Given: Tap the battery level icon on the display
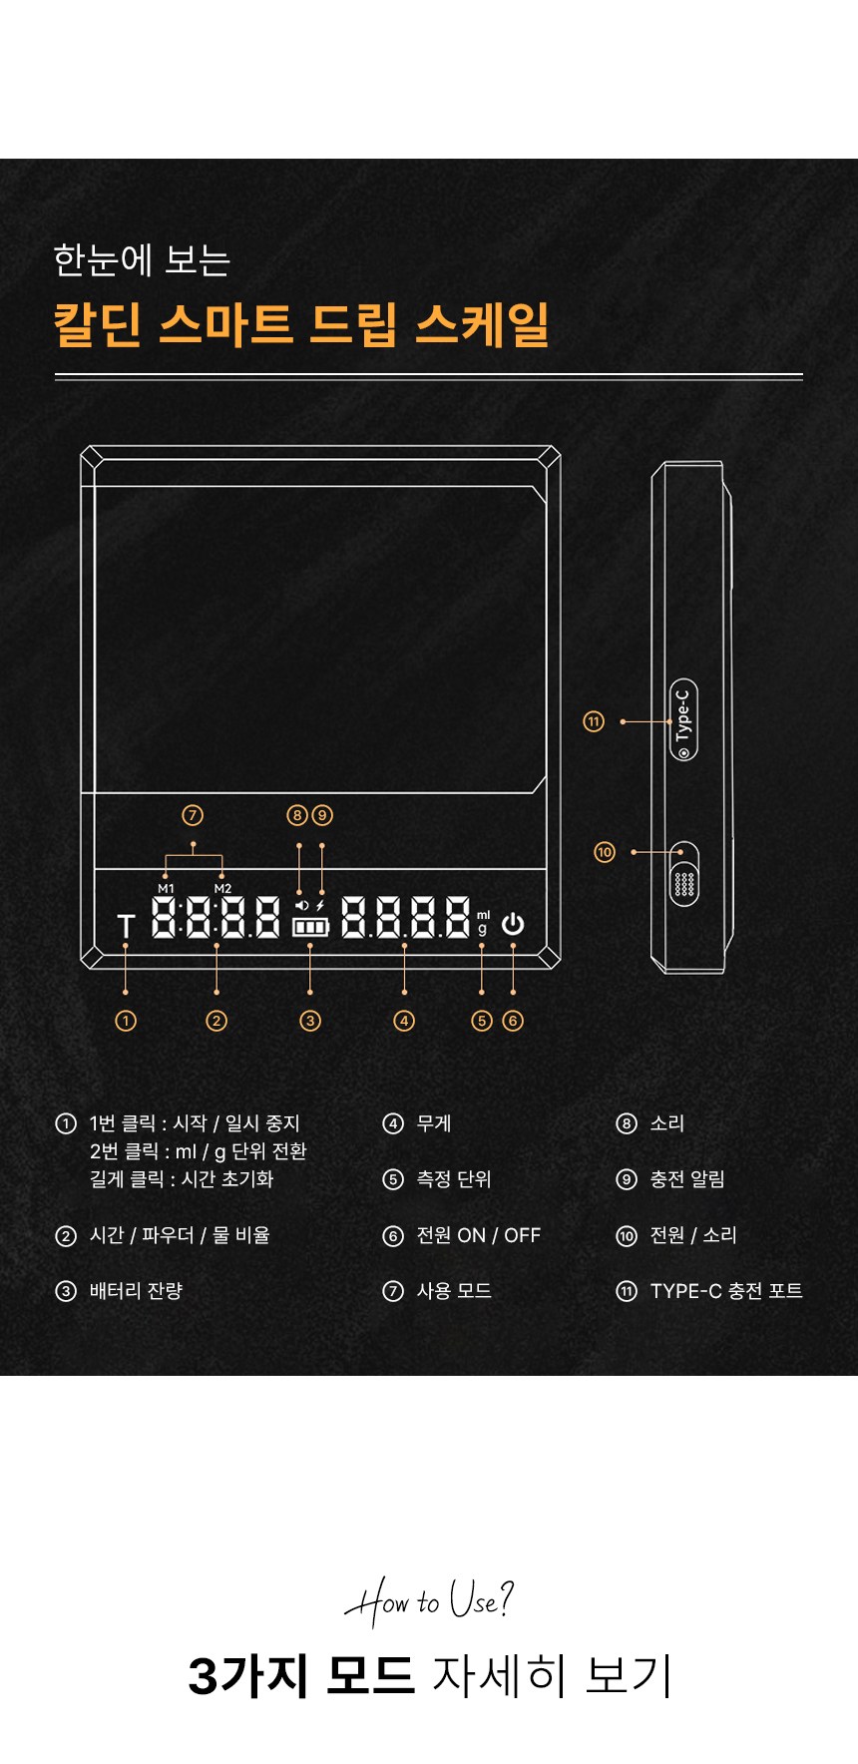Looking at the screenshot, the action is tap(310, 927).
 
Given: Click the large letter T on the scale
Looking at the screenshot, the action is tap(126, 927).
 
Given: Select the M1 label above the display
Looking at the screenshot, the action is tap(166, 888).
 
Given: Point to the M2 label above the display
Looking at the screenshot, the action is tap(222, 888).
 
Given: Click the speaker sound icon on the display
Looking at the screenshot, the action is tap(301, 905).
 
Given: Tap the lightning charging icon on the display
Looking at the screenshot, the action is tap(320, 905).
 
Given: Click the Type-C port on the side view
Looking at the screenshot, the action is tap(683, 720).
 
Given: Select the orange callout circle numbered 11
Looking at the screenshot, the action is tap(594, 721).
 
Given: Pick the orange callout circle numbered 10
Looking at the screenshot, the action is tap(605, 852).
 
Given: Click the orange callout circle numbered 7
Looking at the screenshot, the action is tap(193, 815).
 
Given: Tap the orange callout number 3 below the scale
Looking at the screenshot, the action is tap(310, 1021).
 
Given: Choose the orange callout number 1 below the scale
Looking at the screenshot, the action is tap(126, 1021).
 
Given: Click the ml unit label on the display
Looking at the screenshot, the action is tap(483, 915).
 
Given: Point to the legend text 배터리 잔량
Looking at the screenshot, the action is tap(136, 1291).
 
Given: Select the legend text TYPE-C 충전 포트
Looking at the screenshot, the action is tap(726, 1291).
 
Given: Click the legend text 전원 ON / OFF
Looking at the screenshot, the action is tap(478, 1235).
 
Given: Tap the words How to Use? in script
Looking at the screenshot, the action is tap(429, 1600).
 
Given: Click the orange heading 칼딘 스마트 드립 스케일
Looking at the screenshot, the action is tap(301, 324).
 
